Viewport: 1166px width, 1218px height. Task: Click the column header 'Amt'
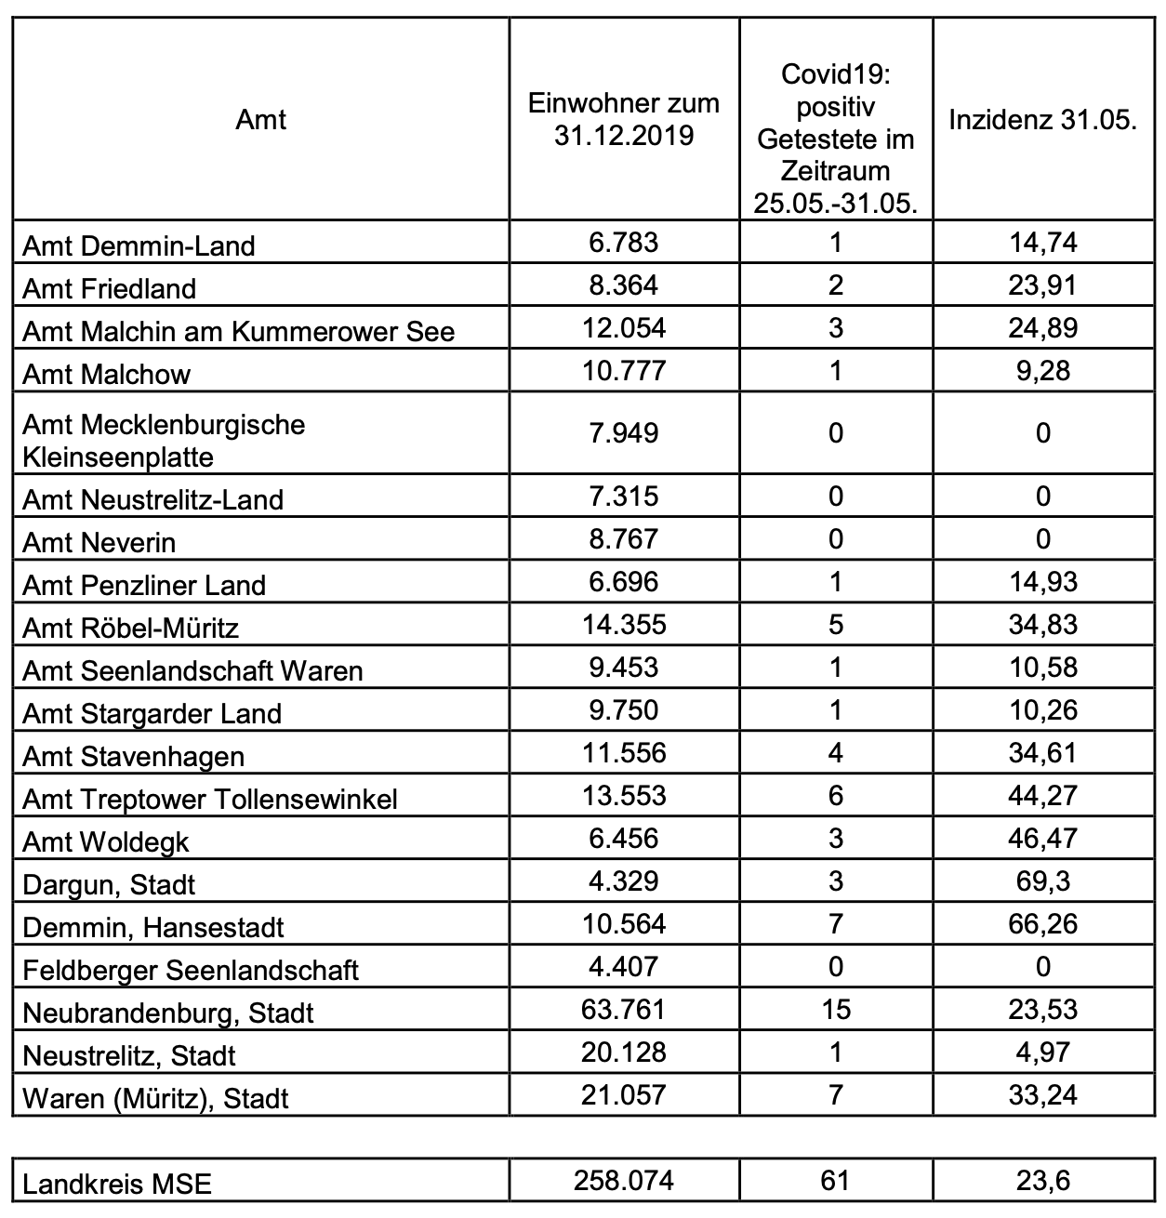tap(260, 120)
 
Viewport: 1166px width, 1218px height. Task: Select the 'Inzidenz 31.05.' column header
tap(1042, 120)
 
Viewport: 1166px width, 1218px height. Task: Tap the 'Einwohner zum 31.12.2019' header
tap(624, 119)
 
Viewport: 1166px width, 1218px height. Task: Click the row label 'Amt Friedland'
tap(110, 288)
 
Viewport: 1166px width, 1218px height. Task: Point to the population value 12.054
tap(624, 327)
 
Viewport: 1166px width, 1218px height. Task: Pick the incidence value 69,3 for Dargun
tap(1042, 880)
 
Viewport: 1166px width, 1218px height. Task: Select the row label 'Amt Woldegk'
tap(106, 842)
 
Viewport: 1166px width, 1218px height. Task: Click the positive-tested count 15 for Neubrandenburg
tap(835, 1009)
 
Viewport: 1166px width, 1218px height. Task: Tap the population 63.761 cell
tap(624, 1009)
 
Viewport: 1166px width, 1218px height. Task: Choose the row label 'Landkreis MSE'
tap(117, 1185)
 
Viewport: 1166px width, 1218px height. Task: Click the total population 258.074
tap(624, 1181)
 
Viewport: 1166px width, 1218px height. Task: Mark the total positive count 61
tap(835, 1181)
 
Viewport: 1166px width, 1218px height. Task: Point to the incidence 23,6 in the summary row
tap(1042, 1181)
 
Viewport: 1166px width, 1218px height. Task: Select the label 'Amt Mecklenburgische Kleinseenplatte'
tap(164, 441)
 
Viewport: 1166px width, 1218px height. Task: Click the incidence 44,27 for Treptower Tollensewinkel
tap(1042, 796)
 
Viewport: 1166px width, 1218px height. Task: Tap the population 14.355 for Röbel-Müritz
tap(624, 624)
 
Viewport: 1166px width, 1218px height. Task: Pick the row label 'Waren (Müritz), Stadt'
tap(155, 1099)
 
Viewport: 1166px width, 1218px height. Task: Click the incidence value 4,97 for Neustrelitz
tap(1042, 1052)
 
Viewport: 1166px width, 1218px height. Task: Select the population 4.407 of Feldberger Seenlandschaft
tap(624, 966)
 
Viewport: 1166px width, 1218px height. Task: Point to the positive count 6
tap(835, 796)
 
